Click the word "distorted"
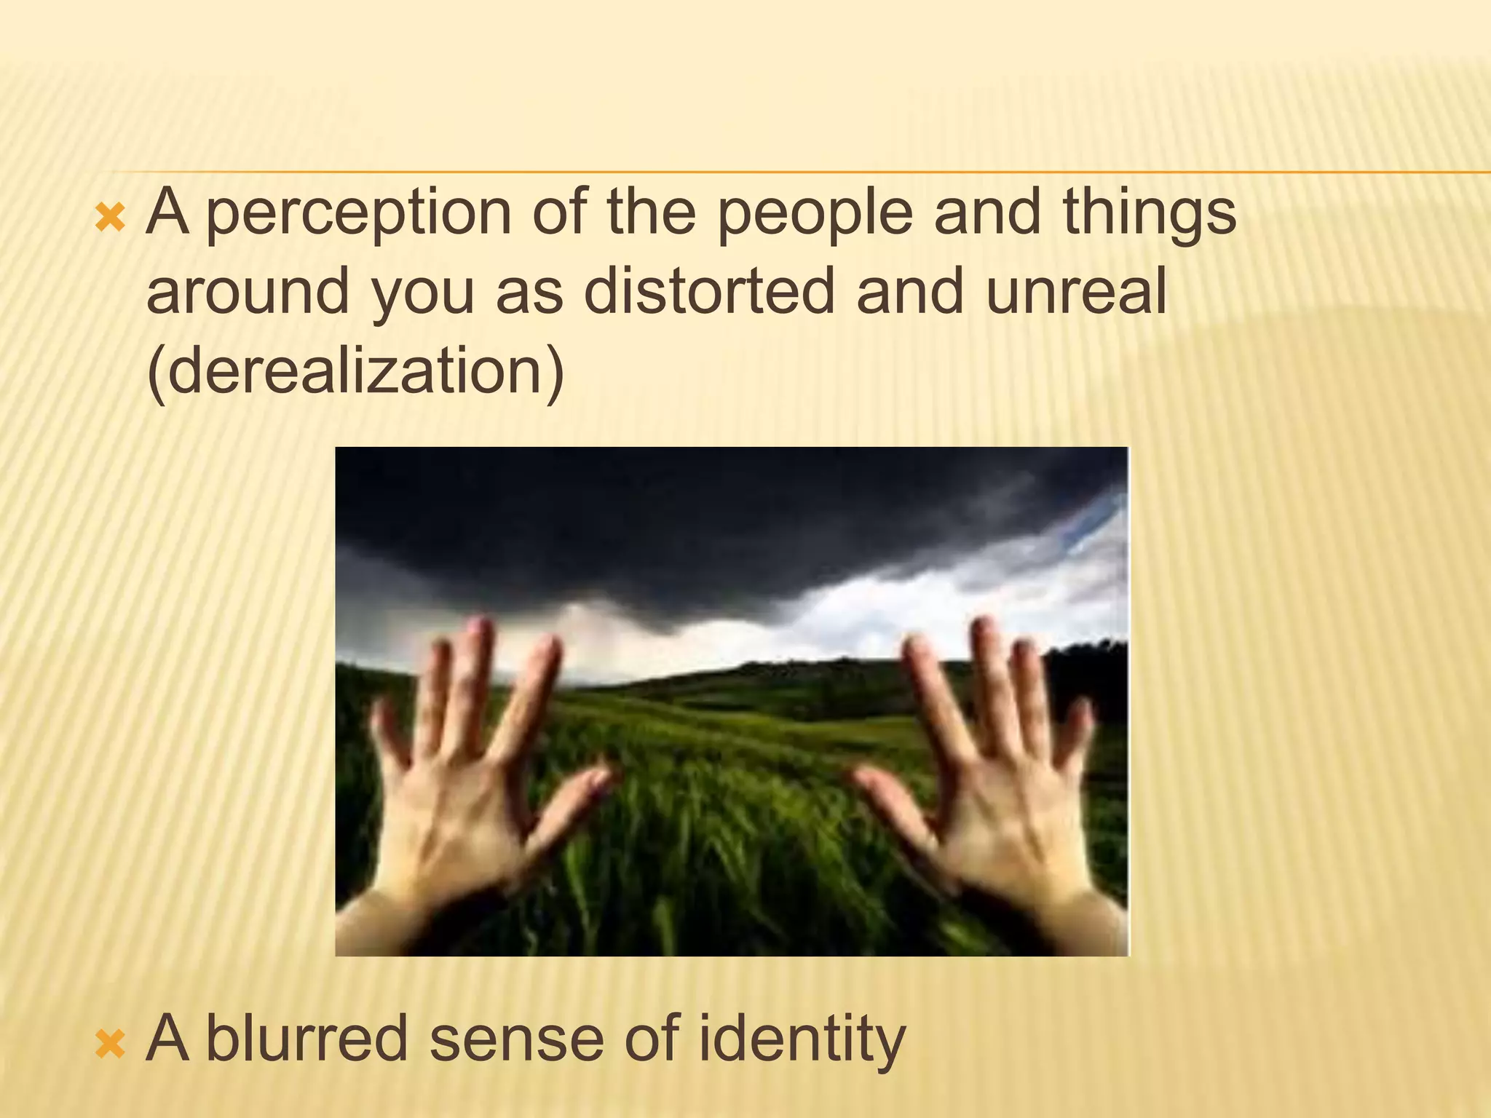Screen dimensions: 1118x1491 [x=708, y=291]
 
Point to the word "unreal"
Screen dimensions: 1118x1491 [x=1076, y=291]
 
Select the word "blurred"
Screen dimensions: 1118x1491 [x=307, y=1039]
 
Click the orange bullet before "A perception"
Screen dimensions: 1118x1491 [x=111, y=218]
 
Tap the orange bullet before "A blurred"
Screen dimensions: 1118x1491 [x=111, y=1044]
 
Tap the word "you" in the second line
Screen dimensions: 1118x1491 [x=423, y=291]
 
